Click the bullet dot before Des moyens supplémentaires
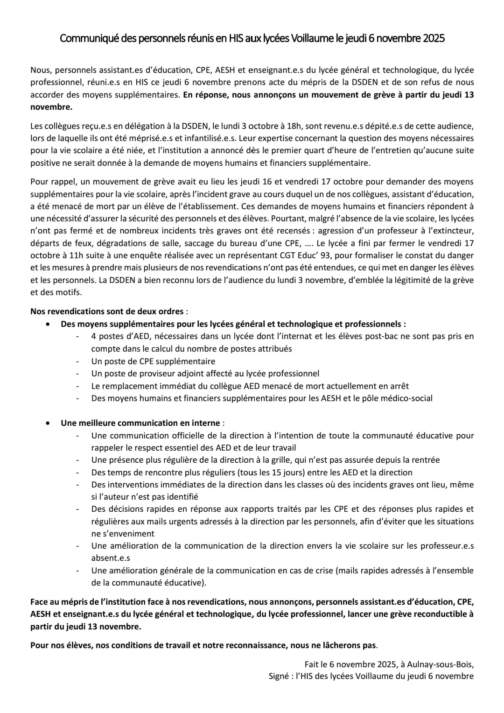tap(49, 324)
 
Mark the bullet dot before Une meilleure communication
tap(49, 423)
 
